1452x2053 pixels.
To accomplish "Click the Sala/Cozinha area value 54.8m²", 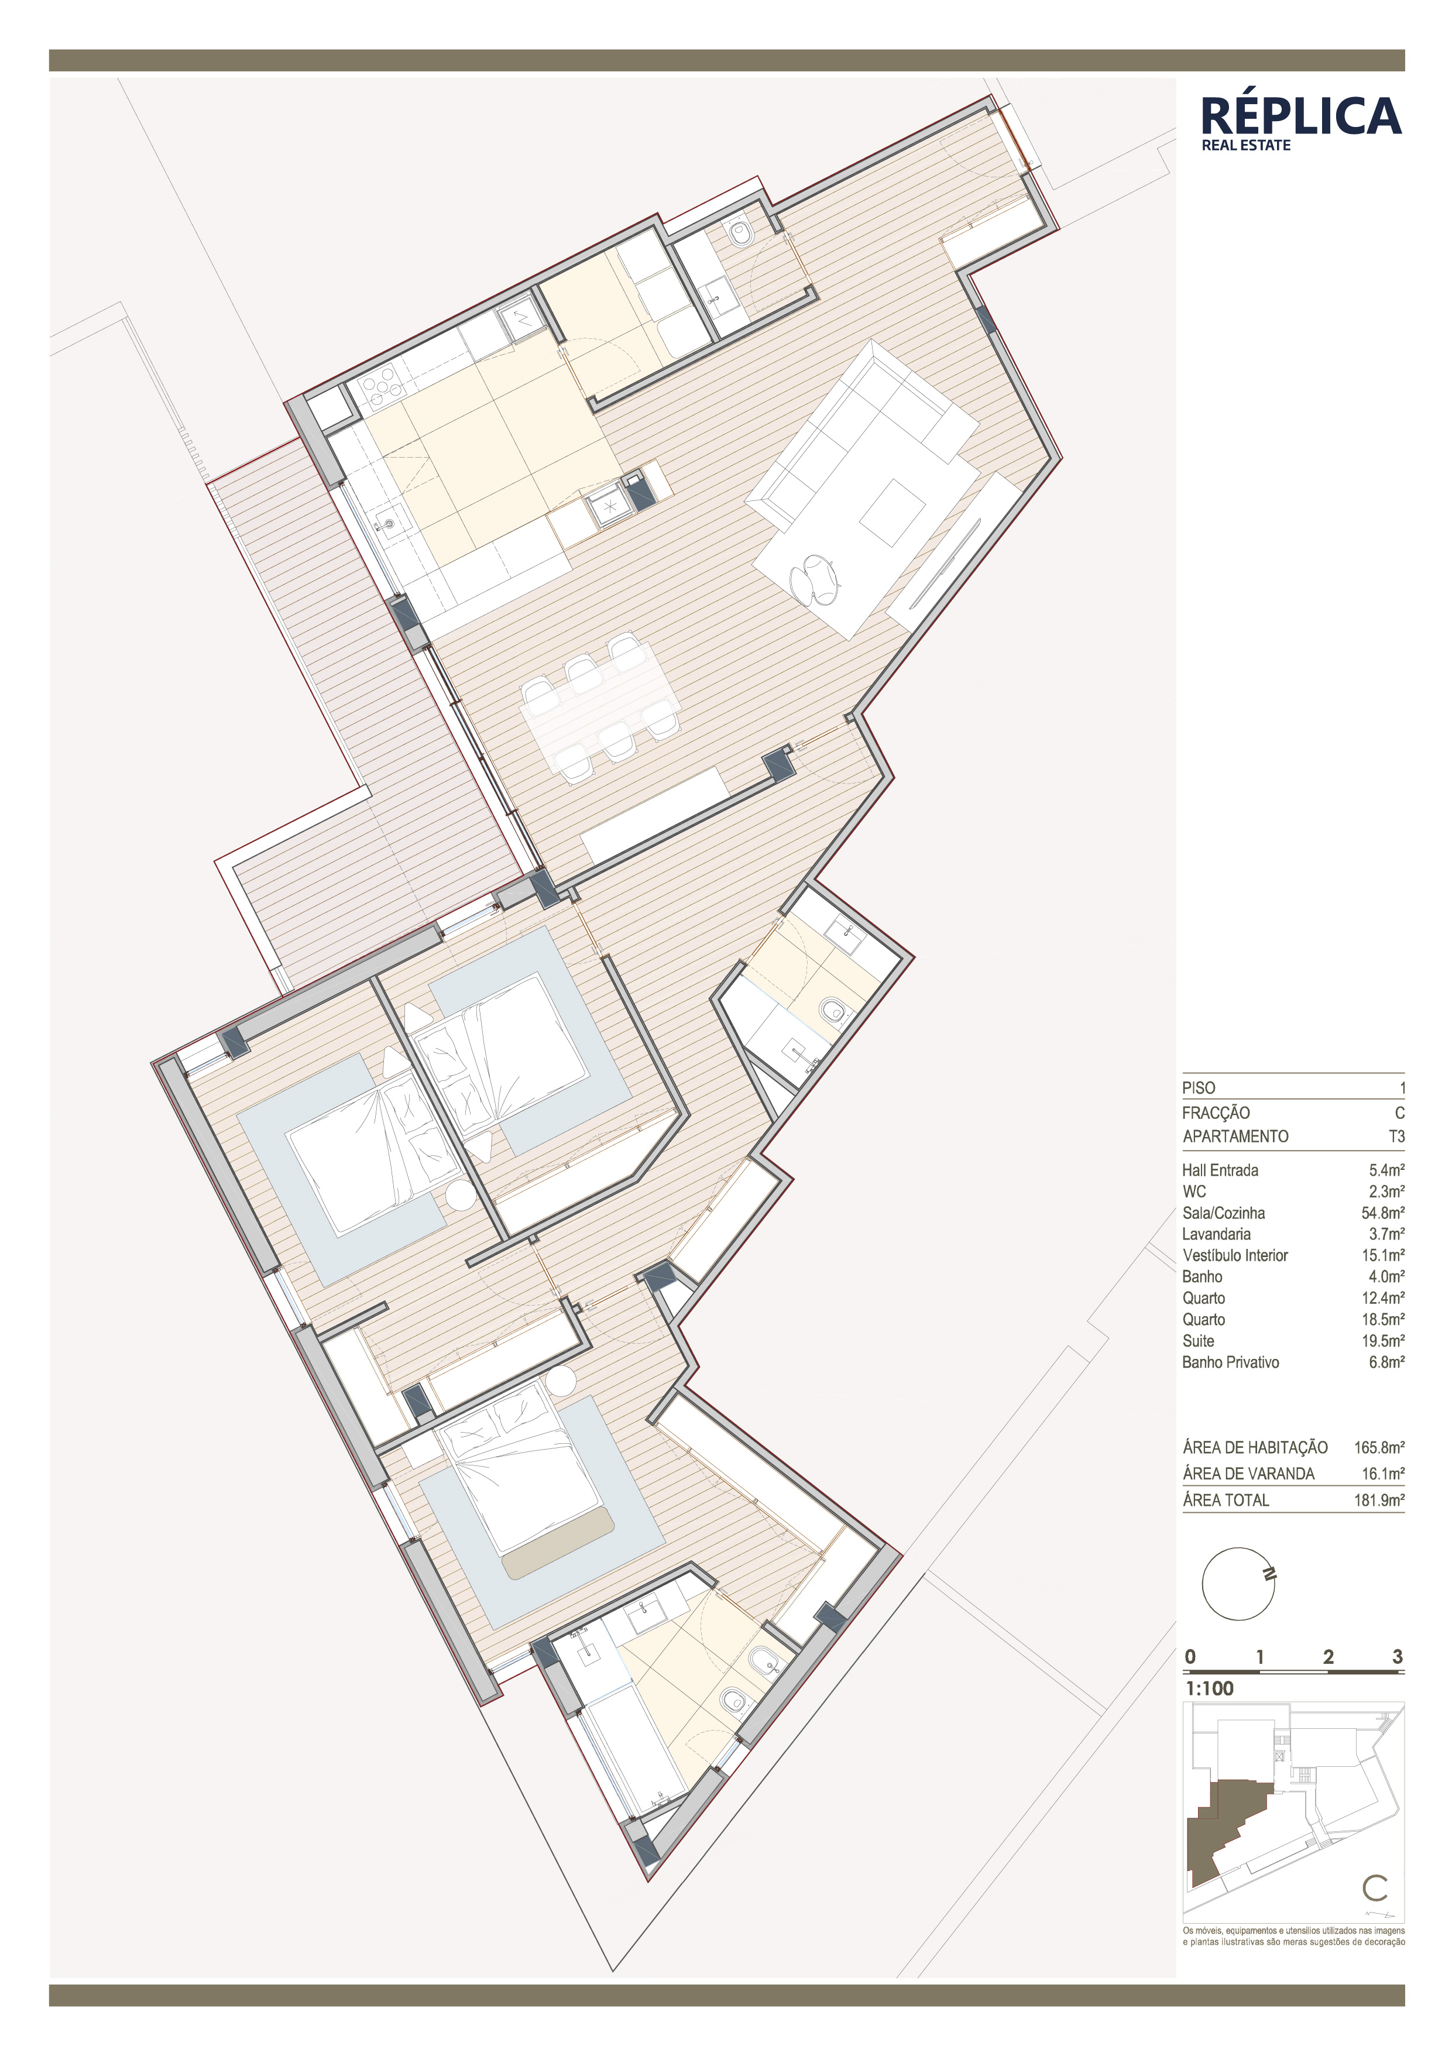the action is point(1382,1213).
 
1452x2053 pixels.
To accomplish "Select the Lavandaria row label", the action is point(1216,1234).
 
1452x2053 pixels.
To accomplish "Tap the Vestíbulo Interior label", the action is point(1235,1255).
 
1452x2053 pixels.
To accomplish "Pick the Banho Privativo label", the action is point(1230,1362).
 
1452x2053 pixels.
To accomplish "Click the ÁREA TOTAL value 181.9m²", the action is point(1379,1499).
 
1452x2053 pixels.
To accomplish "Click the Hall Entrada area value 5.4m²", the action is point(1386,1169).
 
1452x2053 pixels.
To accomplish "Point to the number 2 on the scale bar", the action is point(1329,1657).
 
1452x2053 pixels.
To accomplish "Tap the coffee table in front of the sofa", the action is point(891,512).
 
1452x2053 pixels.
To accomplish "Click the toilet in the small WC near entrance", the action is point(741,234).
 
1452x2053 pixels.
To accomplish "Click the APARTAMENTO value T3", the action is point(1396,1137).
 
